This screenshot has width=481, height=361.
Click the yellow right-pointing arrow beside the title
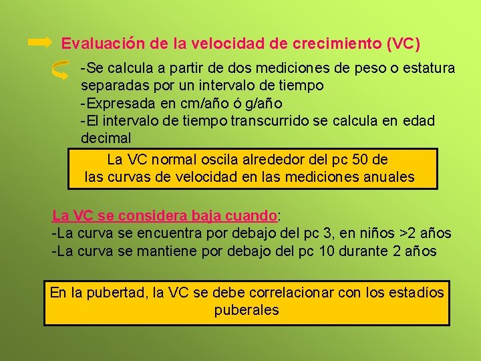39,43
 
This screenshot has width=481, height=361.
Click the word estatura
428,68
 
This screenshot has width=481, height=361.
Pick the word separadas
111,86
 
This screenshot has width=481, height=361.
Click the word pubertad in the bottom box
118,292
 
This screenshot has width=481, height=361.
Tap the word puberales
247,310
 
